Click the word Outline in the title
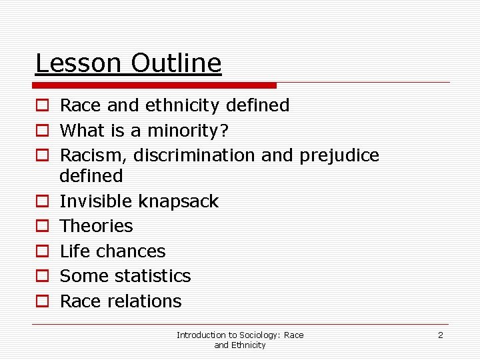pyautogui.click(x=176, y=63)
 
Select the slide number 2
pyautogui.click(x=440, y=335)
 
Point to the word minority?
pyautogui.click(x=183, y=131)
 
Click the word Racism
pyautogui.click(x=93, y=155)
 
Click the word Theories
pyautogui.click(x=97, y=226)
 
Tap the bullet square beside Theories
pyautogui.click(x=41, y=227)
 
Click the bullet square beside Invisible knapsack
pyautogui.click(x=41, y=201)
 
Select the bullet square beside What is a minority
pyautogui.click(x=41, y=131)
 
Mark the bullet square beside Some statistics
pyautogui.click(x=41, y=277)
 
